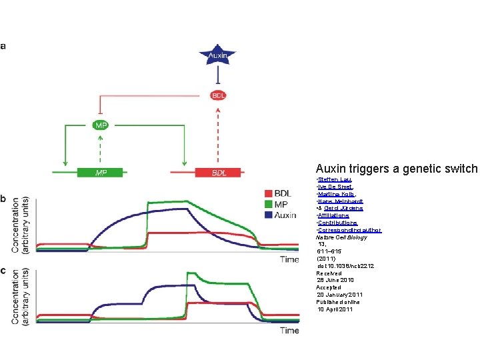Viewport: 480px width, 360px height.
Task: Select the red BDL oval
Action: tap(219, 95)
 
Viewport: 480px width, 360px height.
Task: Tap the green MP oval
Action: tap(99, 125)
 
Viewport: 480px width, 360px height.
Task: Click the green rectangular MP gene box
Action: tap(100, 173)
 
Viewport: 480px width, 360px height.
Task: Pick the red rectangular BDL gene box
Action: tap(219, 173)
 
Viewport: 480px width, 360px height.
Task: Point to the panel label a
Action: tap(5, 46)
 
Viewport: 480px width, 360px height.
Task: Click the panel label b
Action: tap(5, 199)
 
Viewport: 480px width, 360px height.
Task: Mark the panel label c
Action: tap(5, 271)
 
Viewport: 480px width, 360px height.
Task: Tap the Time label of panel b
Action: tap(289, 259)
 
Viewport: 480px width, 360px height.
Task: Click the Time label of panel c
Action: tap(289, 331)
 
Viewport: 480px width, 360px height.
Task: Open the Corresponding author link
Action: tap(349, 230)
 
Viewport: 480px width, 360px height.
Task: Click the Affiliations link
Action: tap(333, 215)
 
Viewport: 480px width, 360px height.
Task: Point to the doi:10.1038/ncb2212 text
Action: tap(345, 266)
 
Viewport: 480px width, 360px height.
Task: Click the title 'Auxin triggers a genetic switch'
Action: tap(397, 169)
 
